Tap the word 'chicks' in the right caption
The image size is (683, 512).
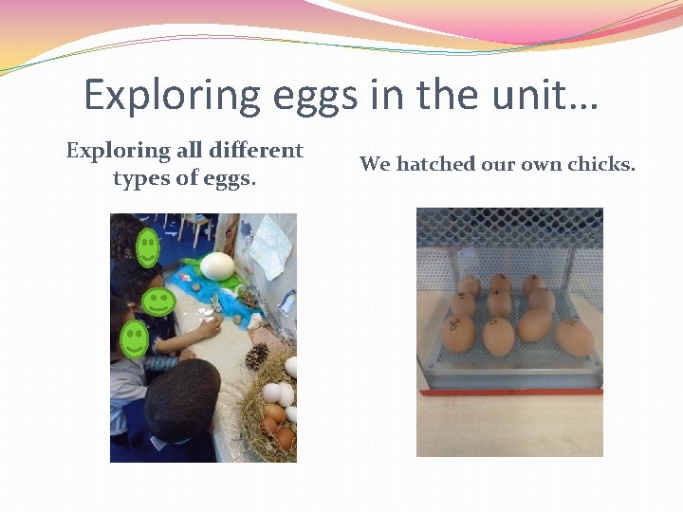[600, 164]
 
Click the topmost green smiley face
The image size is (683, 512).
[147, 248]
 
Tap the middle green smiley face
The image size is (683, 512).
[157, 302]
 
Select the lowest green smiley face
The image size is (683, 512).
[134, 338]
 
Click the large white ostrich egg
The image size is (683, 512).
[217, 265]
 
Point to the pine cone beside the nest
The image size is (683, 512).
[257, 357]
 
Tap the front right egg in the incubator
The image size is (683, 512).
[574, 337]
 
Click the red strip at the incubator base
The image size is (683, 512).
[512, 390]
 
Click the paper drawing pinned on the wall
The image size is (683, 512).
[270, 247]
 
